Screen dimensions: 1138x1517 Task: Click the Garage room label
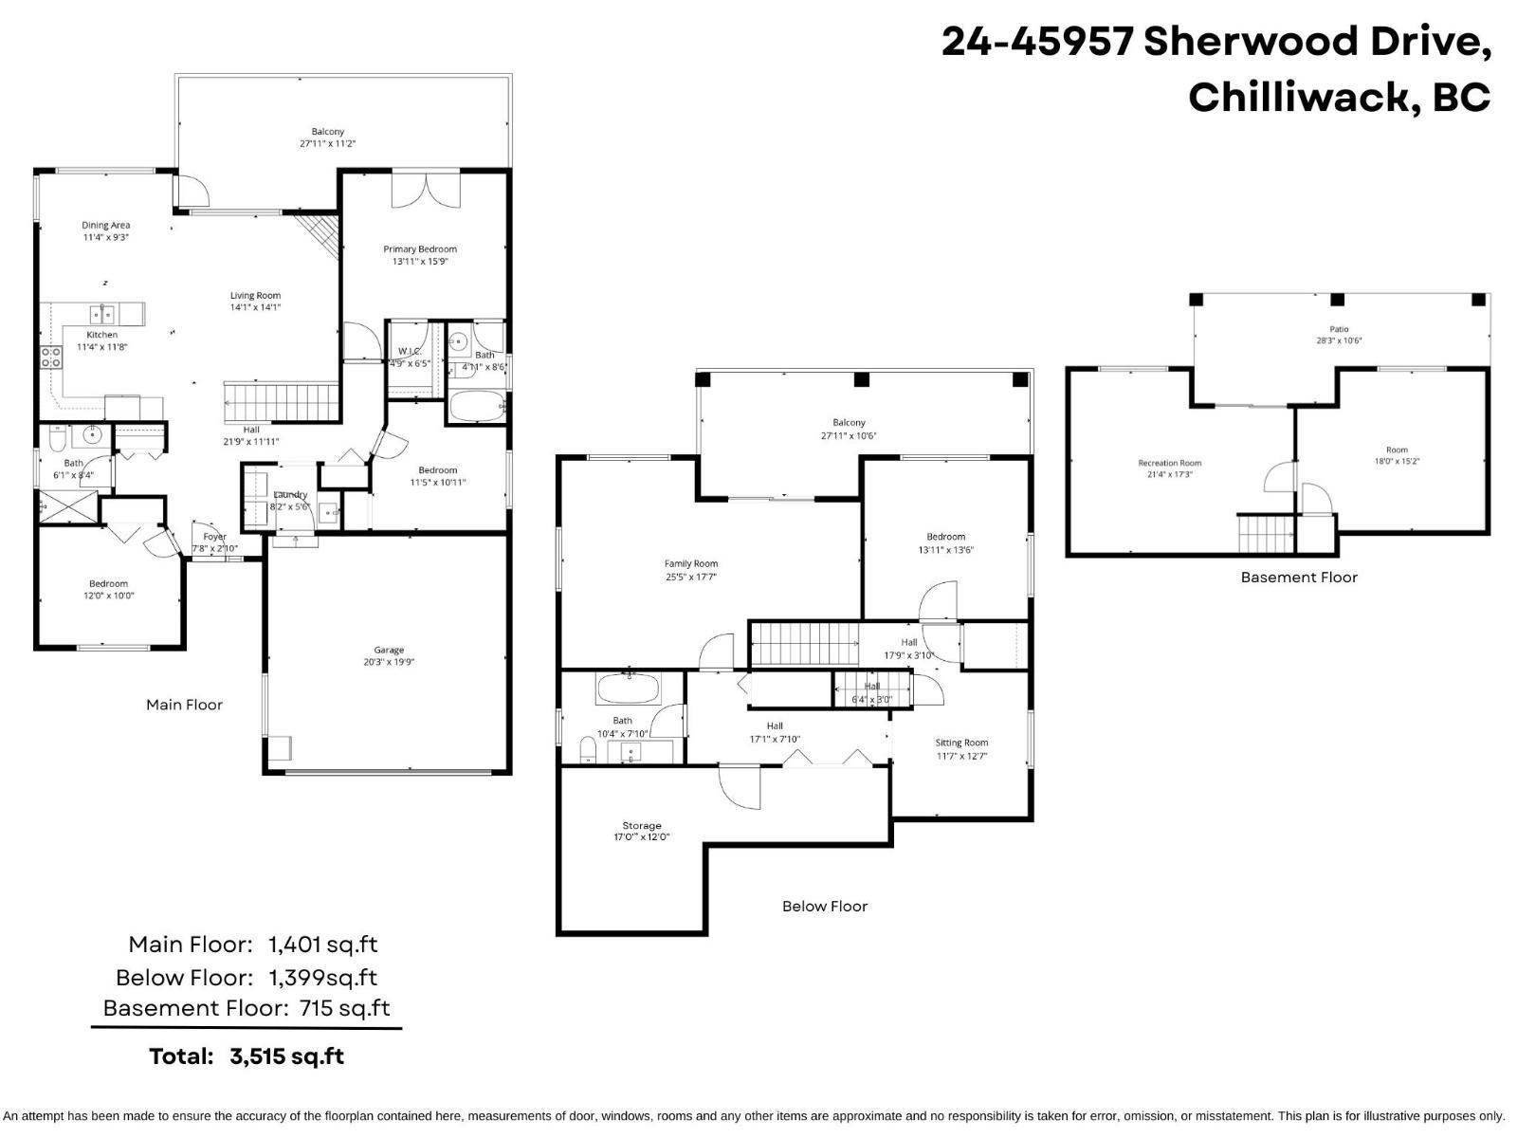[389, 651]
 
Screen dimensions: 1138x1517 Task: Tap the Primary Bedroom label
[420, 249]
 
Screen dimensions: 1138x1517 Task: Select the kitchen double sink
[102, 314]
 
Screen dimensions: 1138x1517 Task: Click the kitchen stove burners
[50, 358]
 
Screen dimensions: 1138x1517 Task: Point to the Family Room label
[691, 564]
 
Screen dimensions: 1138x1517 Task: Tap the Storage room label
[642, 826]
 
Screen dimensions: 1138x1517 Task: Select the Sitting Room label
[961, 743]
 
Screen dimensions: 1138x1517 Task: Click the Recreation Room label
[1169, 464]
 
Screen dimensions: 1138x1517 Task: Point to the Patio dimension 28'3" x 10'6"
[1339, 340]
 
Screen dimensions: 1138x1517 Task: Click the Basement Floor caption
[1299, 578]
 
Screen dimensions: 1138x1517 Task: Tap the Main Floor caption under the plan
[184, 705]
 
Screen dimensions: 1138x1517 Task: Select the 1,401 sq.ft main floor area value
[322, 945]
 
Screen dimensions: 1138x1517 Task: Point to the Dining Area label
[105, 226]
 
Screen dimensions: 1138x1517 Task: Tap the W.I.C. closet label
[409, 352]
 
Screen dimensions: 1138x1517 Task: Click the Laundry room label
[290, 495]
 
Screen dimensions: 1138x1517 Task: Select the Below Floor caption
[824, 907]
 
